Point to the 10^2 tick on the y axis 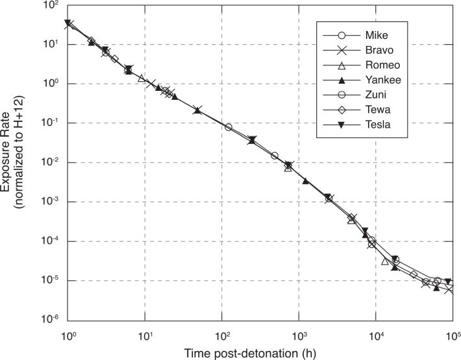pyautogui.click(x=52, y=6)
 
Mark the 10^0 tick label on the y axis pyautogui.click(x=52, y=84)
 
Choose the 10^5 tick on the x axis pyautogui.click(x=452, y=335)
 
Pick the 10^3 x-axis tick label pyautogui.click(x=298, y=335)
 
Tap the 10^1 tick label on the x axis pyautogui.click(x=144, y=335)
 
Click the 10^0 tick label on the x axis pyautogui.click(x=68, y=335)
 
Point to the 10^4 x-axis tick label pyautogui.click(x=375, y=335)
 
